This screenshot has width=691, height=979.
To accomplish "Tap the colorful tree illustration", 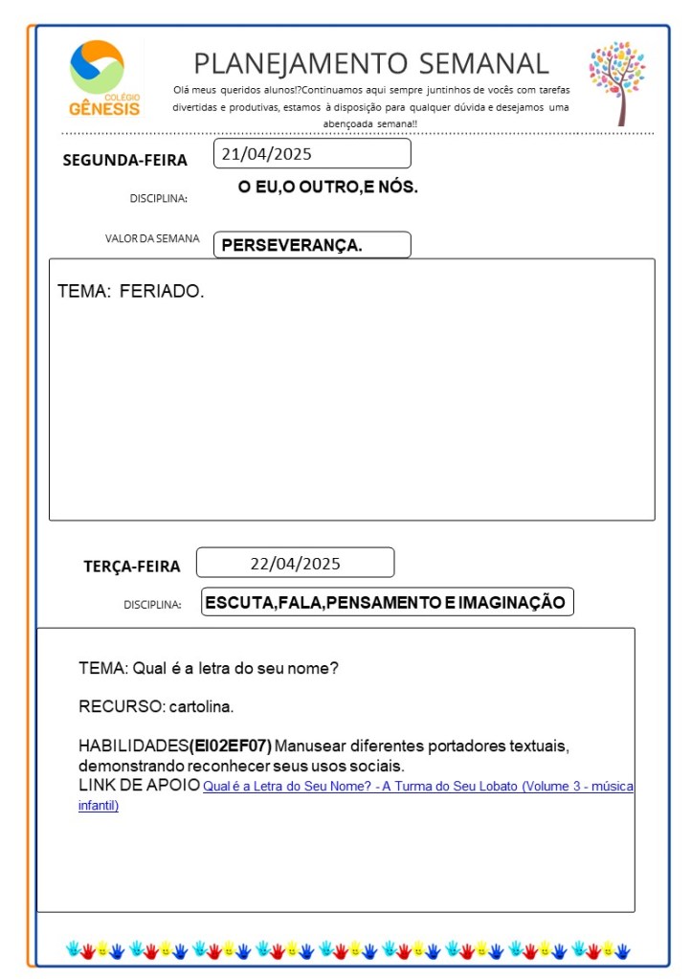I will click(617, 82).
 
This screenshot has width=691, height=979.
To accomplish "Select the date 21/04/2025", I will click(267, 153).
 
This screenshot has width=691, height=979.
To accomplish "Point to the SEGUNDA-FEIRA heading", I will click(124, 160).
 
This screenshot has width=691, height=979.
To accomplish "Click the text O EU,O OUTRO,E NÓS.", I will click(328, 187).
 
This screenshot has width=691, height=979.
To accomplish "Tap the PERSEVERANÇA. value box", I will click(312, 245).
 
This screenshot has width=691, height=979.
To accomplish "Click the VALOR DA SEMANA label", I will click(152, 238).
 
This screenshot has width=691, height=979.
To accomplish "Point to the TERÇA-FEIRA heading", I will click(132, 566).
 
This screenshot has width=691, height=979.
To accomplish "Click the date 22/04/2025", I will click(295, 563).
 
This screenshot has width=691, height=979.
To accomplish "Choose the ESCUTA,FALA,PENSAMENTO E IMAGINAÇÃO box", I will click(388, 602).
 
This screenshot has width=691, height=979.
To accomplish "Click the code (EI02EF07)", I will click(231, 745).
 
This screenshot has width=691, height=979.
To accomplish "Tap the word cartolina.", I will click(201, 707).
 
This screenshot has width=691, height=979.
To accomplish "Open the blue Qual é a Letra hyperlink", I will click(417, 787).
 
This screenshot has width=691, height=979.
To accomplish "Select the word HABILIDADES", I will click(133, 745).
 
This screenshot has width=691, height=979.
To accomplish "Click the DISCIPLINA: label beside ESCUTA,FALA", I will click(152, 605).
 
